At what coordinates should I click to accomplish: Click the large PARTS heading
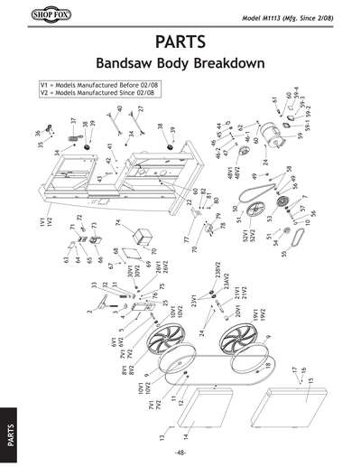coord(180,42)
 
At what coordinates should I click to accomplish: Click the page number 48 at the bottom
coord(181,453)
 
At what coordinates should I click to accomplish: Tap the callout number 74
coord(118,222)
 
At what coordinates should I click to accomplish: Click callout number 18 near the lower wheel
coord(266,365)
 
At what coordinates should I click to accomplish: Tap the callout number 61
coord(273,98)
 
